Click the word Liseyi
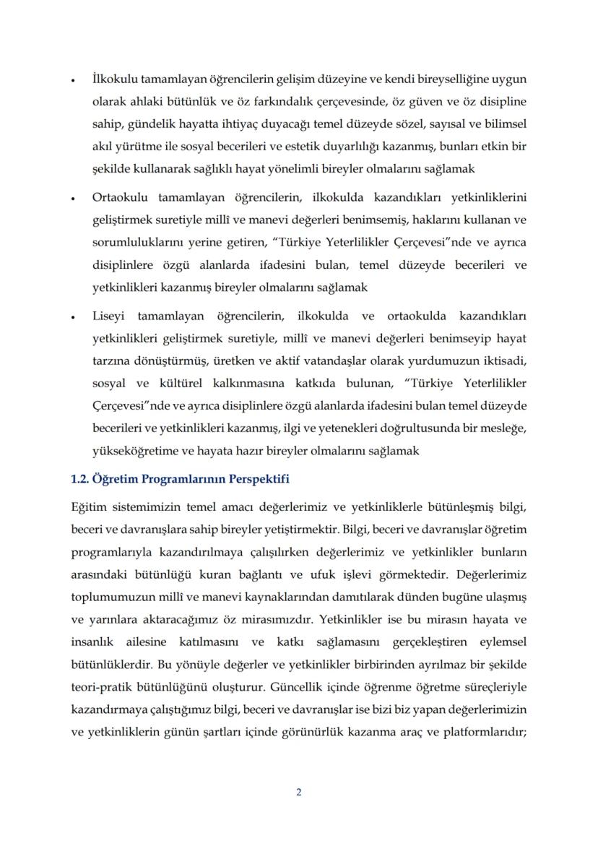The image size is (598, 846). (108, 317)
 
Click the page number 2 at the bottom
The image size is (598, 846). (299, 792)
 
